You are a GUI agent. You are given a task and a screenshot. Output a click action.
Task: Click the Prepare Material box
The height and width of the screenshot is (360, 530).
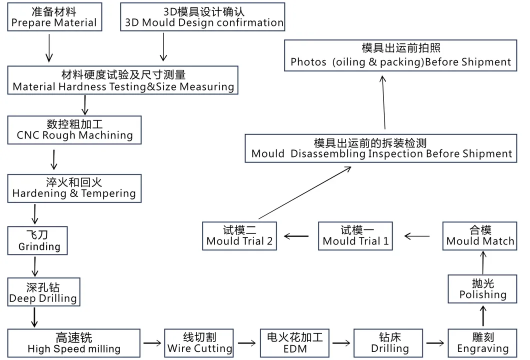(x=54, y=17)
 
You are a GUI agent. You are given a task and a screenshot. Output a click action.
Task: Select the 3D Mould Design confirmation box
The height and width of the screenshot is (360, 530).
(x=203, y=17)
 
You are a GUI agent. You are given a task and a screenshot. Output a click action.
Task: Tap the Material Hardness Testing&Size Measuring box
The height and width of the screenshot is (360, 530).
(x=123, y=80)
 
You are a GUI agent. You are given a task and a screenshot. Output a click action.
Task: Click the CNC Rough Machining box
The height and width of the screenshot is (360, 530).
(x=74, y=129)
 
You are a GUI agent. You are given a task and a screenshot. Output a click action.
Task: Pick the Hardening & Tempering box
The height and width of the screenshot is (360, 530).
(x=74, y=188)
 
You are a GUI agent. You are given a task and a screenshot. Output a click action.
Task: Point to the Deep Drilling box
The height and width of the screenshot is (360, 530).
(x=43, y=292)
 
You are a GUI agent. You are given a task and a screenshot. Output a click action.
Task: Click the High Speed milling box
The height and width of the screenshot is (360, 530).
(x=74, y=343)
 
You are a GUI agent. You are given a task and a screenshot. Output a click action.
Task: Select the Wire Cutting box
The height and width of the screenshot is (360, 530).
(x=199, y=343)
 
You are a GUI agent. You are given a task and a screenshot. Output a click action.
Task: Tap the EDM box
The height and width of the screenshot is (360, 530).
(x=295, y=343)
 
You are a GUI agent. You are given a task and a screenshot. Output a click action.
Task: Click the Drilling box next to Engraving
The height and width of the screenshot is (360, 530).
(x=389, y=343)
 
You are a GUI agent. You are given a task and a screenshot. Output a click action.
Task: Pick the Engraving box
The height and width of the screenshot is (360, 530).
(x=482, y=343)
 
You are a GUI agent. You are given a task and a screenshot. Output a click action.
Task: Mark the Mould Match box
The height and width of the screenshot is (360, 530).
(x=480, y=236)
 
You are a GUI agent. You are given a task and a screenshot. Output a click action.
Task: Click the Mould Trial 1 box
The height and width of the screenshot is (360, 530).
(x=355, y=236)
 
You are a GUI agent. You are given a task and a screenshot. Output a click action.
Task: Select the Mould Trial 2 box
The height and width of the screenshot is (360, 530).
(x=239, y=236)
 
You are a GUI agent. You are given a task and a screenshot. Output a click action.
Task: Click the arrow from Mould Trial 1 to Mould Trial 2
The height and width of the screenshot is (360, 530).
(x=297, y=235)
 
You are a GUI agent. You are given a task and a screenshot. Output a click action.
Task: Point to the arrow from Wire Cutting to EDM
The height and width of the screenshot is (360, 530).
(x=246, y=343)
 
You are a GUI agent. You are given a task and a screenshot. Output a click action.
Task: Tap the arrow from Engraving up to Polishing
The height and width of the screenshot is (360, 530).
(x=483, y=316)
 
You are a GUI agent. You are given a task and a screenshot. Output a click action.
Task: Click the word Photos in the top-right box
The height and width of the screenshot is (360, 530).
(x=308, y=62)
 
